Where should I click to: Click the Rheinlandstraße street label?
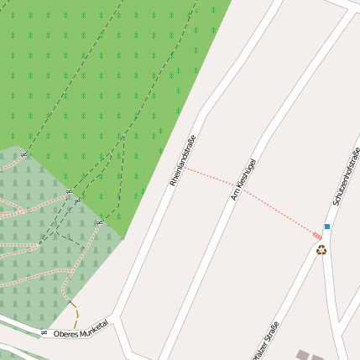[183, 160]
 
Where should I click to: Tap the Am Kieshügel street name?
[243, 179]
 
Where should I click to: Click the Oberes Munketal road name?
[81, 328]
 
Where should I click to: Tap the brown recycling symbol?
[321, 249]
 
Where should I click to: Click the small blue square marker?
[327, 227]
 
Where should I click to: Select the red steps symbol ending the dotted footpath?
[317, 236]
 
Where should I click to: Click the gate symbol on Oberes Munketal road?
[43, 334]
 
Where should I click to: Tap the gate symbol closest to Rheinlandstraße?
[99, 222]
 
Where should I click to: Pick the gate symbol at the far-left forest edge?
[25, 154]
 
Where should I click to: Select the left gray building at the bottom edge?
[302, 355]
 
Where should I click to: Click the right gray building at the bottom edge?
[320, 356]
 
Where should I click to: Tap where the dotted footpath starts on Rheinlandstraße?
[185, 169]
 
